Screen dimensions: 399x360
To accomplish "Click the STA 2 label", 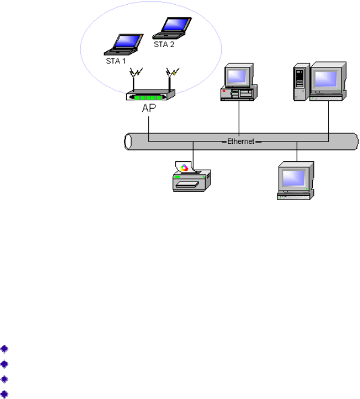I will pyautogui.click(x=164, y=45).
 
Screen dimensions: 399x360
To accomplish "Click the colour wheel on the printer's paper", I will pyautogui.click(x=184, y=168).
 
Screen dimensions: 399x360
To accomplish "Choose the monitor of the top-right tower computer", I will pyautogui.click(x=327, y=79).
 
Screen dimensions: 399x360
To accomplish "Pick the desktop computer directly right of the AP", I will pyautogui.click(x=239, y=83).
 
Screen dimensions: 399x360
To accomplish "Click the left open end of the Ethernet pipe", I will pyautogui.click(x=127, y=142).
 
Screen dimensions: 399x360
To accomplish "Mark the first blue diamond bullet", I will pyautogui.click(x=5, y=349).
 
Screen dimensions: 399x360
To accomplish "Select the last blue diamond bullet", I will pyautogui.click(x=5, y=394).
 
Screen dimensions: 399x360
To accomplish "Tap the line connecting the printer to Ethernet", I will pyautogui.click(x=194, y=152).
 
